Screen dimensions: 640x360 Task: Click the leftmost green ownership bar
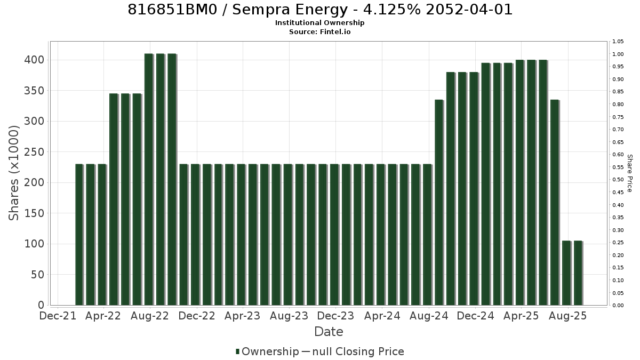click(79, 235)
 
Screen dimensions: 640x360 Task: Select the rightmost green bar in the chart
click(578, 273)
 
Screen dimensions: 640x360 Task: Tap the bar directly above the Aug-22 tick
click(149, 179)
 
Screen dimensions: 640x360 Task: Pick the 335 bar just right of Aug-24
click(439, 202)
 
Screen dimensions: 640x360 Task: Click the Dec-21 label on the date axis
click(58, 316)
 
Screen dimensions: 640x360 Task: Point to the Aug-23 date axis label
click(289, 316)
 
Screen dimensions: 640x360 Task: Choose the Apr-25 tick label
click(521, 316)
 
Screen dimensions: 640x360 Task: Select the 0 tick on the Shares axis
click(41, 305)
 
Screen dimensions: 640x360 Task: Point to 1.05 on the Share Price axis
click(618, 42)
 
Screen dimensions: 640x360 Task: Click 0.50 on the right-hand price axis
click(618, 180)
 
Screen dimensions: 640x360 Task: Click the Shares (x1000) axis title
click(13, 173)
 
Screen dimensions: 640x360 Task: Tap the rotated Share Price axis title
click(629, 173)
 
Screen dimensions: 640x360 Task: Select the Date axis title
click(329, 332)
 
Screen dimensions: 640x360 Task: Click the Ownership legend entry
click(267, 351)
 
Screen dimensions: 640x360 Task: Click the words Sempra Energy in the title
click(290, 10)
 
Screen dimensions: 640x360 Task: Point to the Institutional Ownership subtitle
click(319, 23)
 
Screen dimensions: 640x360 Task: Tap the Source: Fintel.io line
click(319, 31)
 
